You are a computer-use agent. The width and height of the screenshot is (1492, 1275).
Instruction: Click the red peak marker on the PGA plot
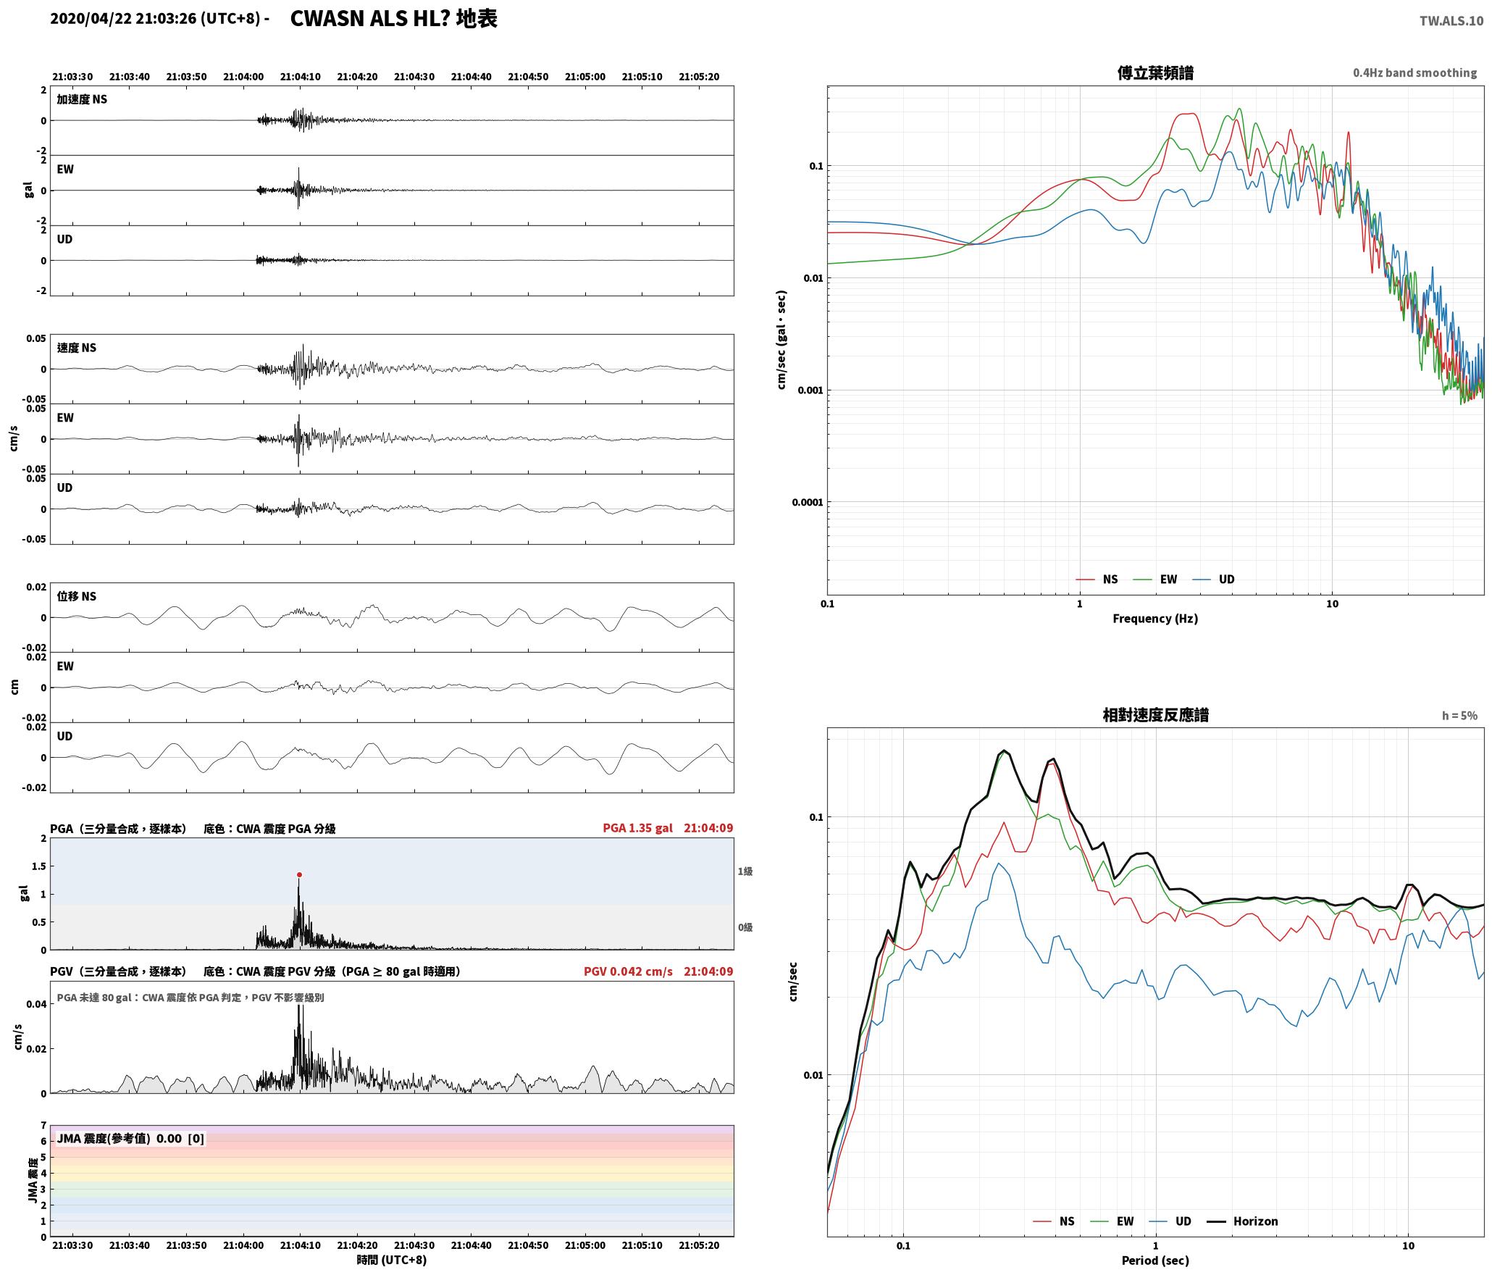[x=299, y=874]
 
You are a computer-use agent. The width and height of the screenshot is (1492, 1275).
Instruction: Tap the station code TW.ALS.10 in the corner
[x=1451, y=21]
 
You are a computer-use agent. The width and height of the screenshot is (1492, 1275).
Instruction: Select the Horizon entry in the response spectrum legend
[x=1245, y=1221]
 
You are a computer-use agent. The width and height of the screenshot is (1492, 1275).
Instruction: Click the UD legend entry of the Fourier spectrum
[x=1214, y=579]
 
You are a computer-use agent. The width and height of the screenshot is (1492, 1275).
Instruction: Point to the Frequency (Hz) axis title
[x=1155, y=618]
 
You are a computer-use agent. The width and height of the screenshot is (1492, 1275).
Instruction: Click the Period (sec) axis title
[x=1155, y=1260]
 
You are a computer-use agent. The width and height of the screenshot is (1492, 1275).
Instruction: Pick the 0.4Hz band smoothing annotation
[x=1415, y=72]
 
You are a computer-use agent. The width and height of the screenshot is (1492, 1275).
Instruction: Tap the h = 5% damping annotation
[x=1459, y=715]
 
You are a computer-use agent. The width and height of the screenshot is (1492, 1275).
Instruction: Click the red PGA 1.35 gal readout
[x=637, y=827]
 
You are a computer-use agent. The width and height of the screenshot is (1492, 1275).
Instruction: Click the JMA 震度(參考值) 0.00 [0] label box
[x=130, y=1138]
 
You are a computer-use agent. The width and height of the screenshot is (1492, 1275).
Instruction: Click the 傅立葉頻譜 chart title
[x=1155, y=72]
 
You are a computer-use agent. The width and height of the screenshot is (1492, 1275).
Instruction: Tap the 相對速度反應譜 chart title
[x=1155, y=714]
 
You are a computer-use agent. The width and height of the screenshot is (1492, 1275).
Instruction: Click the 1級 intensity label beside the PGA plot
[x=745, y=871]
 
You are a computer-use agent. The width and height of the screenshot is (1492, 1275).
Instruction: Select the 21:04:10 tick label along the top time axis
[x=301, y=76]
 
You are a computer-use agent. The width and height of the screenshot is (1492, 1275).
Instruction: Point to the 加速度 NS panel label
[x=82, y=99]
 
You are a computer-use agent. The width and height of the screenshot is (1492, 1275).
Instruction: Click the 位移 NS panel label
[x=77, y=596]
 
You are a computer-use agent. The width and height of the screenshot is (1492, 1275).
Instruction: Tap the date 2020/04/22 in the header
[x=91, y=19]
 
